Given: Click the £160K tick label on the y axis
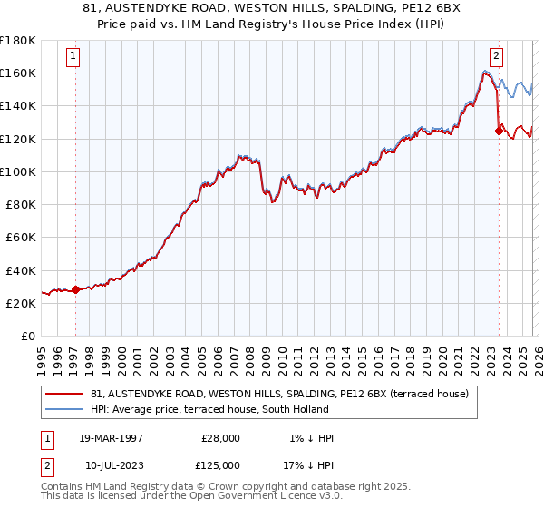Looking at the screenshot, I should pyautogui.click(x=18, y=73).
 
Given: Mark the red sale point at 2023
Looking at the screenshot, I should pyautogui.click(x=499, y=131).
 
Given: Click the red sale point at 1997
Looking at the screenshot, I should pyautogui.click(x=76, y=289).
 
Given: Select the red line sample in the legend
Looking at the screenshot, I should pyautogui.click(x=65, y=394).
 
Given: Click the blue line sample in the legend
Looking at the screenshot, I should pyautogui.click(x=65, y=409).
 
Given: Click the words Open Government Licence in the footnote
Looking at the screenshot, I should pyautogui.click(x=262, y=498).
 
